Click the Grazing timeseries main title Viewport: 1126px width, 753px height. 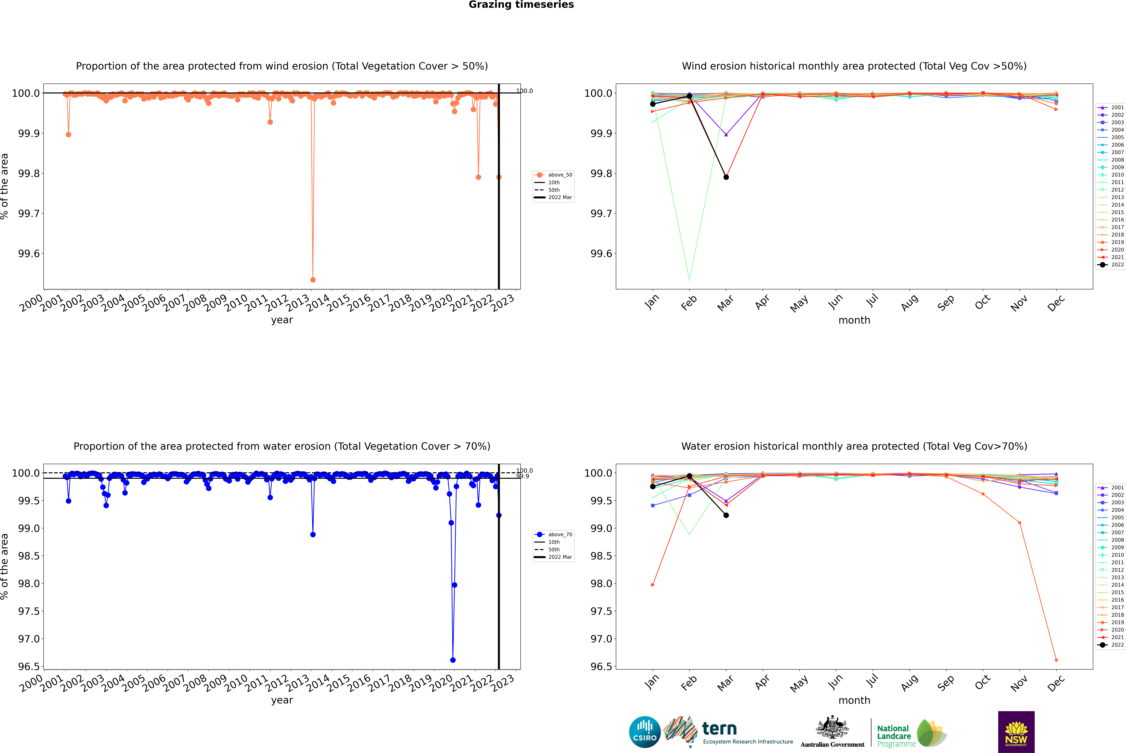click(521, 5)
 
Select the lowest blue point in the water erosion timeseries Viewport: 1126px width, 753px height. click(453, 660)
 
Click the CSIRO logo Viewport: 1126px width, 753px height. click(645, 732)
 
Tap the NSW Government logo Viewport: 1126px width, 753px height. click(1016, 732)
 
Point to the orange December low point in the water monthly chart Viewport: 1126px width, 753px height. click(1056, 660)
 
